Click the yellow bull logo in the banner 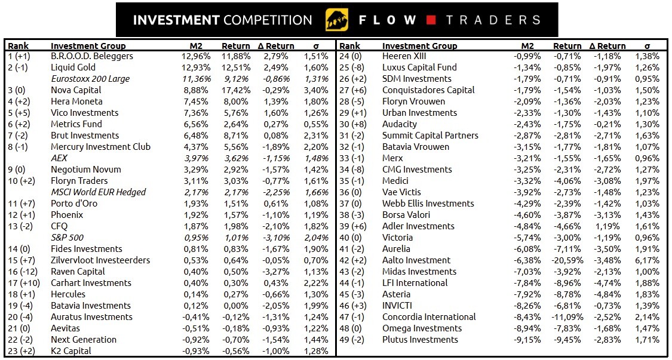pos(336,20)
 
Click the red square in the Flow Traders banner pos(431,20)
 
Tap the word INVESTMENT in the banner pos(176,20)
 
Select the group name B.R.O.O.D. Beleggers pos(92,56)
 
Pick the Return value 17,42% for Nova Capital pos(235,90)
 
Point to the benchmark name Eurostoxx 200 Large pos(90,79)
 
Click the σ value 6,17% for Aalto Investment pos(648,260)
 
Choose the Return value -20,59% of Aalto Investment pos(565,260)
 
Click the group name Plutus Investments pos(420,340)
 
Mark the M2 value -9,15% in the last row pos(527,340)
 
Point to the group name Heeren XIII pos(404,56)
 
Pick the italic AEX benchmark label pos(60,158)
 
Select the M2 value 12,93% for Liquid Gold pos(195,67)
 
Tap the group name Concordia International pos(429,317)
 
